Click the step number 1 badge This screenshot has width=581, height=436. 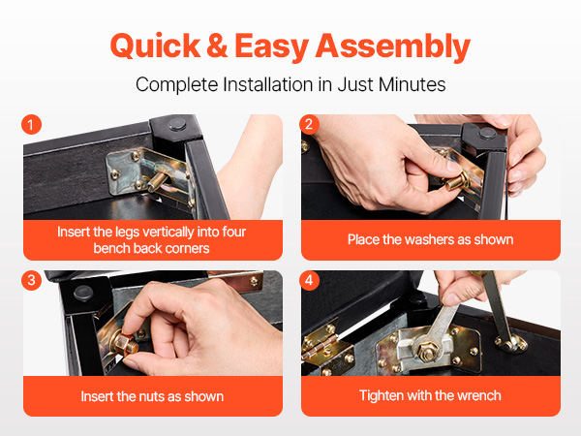(x=31, y=125)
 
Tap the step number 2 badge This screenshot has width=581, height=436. (x=309, y=125)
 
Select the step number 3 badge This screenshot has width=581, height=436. (x=31, y=280)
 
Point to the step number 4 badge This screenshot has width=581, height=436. (x=309, y=280)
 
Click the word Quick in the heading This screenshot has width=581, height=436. (x=155, y=47)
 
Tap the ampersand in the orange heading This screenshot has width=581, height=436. (x=218, y=46)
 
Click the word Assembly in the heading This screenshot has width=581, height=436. (x=393, y=47)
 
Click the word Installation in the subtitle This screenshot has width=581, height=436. (x=267, y=84)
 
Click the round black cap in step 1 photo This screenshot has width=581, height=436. (x=178, y=124)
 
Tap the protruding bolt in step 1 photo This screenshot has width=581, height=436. (x=158, y=182)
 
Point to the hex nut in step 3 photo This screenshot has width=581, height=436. (x=125, y=344)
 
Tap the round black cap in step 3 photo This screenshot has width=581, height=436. (x=83, y=294)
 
